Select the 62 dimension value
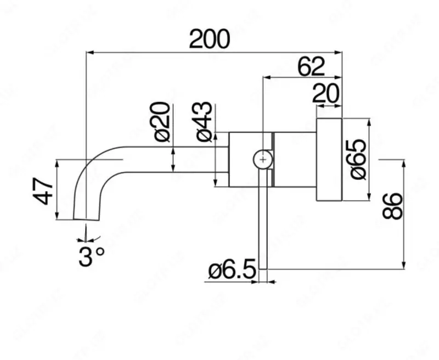(x=311, y=67)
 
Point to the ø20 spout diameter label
(x=162, y=122)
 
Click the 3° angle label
(x=91, y=256)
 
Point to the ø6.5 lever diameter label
(x=233, y=270)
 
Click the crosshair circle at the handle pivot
(x=263, y=159)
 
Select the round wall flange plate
(x=329, y=160)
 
